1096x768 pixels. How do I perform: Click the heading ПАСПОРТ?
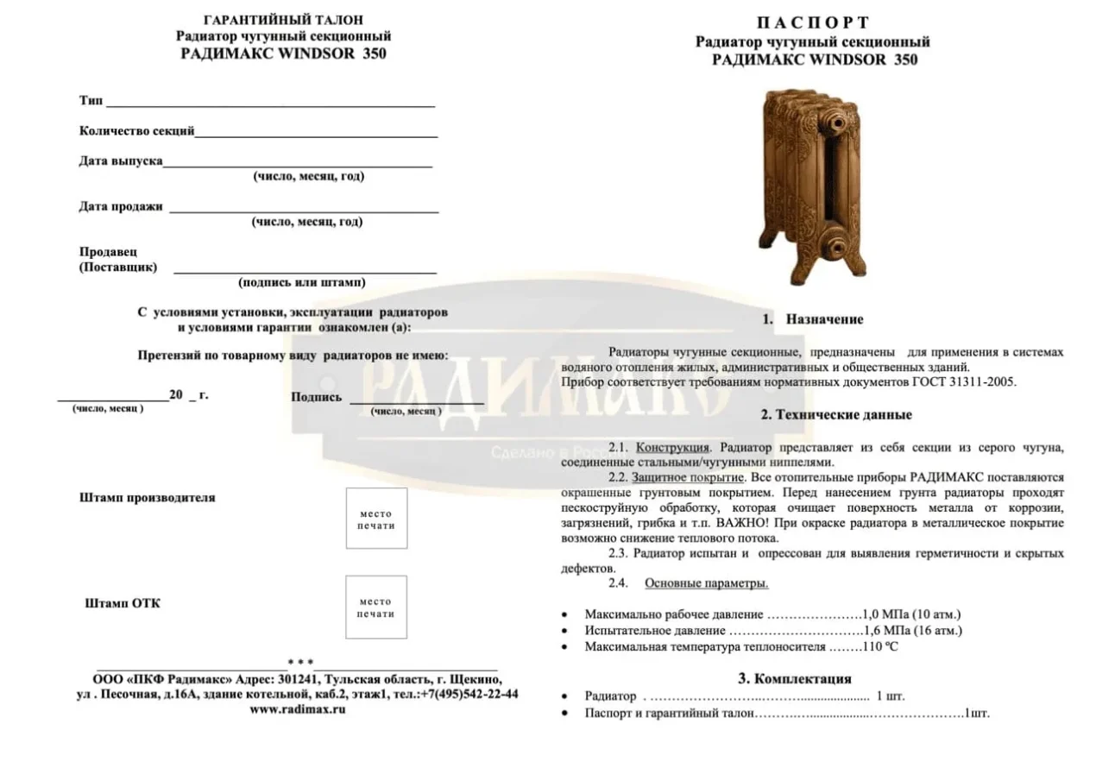click(x=813, y=22)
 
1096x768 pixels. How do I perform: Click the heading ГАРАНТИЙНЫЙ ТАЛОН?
click(x=283, y=19)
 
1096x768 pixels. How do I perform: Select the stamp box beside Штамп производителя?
click(x=376, y=519)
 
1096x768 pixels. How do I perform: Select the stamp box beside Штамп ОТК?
click(x=376, y=607)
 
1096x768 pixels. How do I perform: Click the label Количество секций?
click(x=136, y=131)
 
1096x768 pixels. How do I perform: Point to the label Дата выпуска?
click(x=121, y=161)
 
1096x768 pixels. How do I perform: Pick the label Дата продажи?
click(x=121, y=206)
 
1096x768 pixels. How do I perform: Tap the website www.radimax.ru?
click(x=298, y=709)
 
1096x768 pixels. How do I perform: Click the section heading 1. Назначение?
click(x=812, y=319)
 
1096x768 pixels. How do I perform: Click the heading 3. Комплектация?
click(x=794, y=678)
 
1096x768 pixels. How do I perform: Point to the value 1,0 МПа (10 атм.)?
click(x=911, y=614)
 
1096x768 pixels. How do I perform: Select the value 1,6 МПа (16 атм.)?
click(x=912, y=630)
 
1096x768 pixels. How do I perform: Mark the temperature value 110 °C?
click(x=879, y=646)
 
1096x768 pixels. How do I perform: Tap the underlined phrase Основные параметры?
click(x=706, y=583)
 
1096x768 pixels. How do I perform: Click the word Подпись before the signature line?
click(x=317, y=397)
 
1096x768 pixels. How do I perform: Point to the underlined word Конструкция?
click(x=673, y=447)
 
